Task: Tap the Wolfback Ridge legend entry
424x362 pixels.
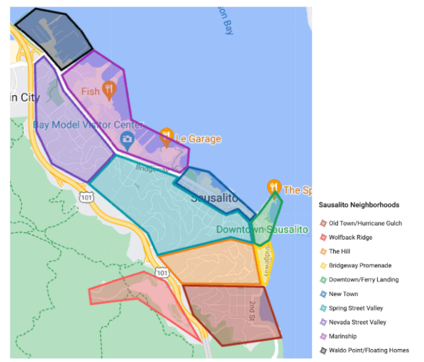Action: tap(350, 237)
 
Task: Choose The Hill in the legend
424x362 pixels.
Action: tap(340, 252)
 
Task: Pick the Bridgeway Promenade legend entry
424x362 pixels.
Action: tap(359, 266)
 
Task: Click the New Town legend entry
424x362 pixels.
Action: tap(343, 294)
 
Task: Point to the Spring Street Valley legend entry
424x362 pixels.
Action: tap(356, 308)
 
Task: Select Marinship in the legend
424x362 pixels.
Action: tap(343, 336)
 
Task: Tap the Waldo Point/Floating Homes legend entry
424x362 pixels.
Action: tap(368, 350)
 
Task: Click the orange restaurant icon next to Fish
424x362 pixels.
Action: tap(109, 90)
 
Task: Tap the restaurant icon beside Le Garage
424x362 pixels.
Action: tap(166, 137)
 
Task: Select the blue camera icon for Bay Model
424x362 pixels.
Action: tap(127, 138)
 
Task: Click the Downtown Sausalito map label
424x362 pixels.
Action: tap(262, 229)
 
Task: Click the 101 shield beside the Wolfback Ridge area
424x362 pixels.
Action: tap(161, 272)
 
